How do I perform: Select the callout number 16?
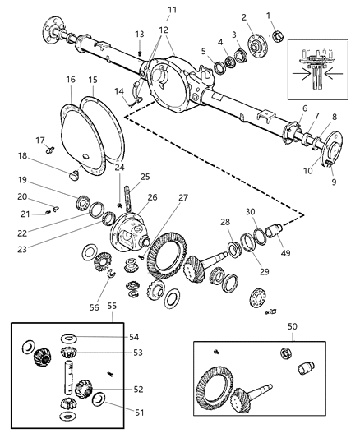pyautogui.click(x=71, y=80)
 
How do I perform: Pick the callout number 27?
pyautogui.click(x=183, y=197)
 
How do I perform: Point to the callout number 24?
pyautogui.click(x=119, y=168)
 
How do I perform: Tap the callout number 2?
pyautogui.click(x=244, y=16)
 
